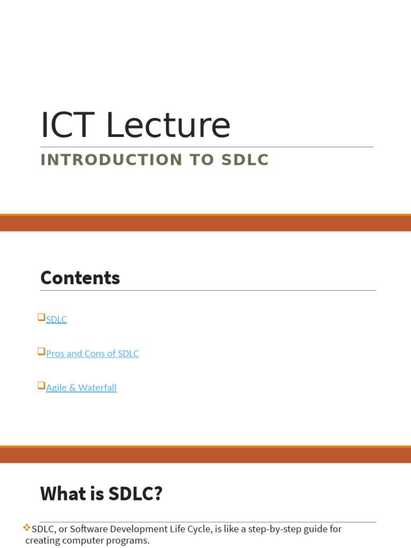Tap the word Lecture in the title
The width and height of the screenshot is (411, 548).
point(168,126)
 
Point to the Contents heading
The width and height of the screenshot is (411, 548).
point(80,278)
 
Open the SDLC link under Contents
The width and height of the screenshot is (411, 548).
point(56,319)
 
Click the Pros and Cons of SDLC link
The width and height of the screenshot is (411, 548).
point(92,354)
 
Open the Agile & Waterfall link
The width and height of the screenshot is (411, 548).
point(81,387)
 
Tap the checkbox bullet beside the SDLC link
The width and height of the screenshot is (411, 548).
point(41,317)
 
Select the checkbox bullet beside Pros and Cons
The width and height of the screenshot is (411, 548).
point(41,352)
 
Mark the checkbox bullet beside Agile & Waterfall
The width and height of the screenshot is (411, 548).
point(41,385)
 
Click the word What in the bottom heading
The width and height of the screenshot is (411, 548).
point(64,493)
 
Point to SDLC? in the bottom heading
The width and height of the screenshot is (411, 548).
point(135,493)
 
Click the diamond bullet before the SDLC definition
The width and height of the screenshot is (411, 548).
point(27,528)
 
